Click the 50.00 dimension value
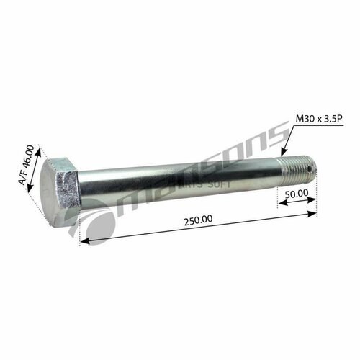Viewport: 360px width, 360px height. point(296,193)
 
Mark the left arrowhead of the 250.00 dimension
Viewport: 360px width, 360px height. point(82,243)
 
